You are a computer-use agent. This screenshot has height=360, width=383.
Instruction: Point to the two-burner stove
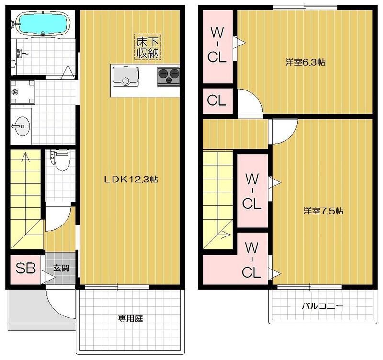click(x=169, y=74)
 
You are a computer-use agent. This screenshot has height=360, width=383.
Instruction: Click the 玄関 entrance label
click(x=61, y=269)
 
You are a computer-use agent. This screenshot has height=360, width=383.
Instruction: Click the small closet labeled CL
click(x=216, y=101)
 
